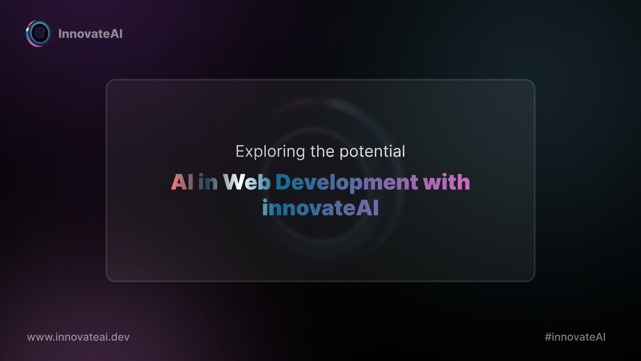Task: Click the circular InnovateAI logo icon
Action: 38,34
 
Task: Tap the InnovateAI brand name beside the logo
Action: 90,34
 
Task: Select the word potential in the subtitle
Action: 372,152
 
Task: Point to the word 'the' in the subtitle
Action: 323,151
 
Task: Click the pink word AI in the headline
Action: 182,182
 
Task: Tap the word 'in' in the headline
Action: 208,182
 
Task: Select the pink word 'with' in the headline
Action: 447,182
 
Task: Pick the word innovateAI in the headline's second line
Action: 320,208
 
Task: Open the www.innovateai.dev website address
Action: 79,337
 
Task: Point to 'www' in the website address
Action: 39,337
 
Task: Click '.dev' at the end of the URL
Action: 119,337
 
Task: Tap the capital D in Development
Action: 283,182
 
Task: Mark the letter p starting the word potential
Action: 343,153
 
